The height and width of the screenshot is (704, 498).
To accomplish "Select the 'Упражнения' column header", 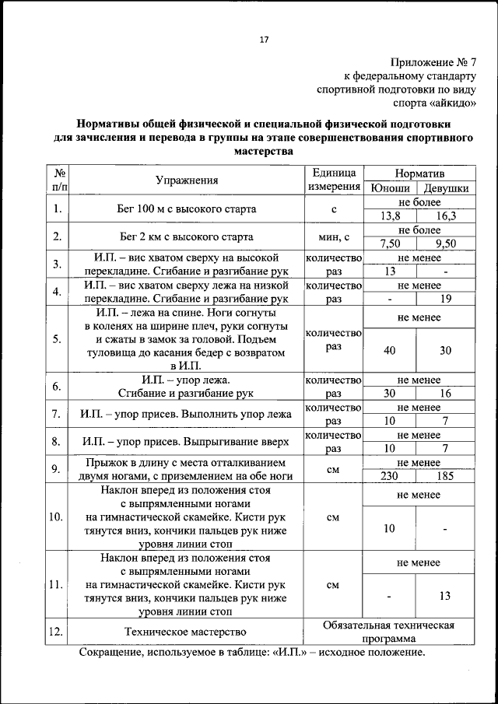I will (x=186, y=180).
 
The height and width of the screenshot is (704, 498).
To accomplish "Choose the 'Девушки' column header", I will (x=446, y=188).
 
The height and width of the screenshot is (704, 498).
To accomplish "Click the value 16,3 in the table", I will (x=446, y=216).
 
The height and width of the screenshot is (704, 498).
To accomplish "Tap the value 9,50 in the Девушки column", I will (x=446, y=243).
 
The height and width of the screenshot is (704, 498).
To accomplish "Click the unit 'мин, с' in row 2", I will (x=333, y=236).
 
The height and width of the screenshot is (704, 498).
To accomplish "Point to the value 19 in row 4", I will (x=446, y=298).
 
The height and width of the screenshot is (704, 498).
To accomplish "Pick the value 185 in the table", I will (x=446, y=475).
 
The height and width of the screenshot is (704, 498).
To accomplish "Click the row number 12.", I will (x=55, y=632).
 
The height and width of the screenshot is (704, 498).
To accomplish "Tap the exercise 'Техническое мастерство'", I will (x=186, y=632).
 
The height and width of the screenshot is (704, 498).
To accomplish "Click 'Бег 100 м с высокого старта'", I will (x=186, y=208).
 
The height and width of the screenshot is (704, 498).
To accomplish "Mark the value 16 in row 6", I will (x=446, y=394).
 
